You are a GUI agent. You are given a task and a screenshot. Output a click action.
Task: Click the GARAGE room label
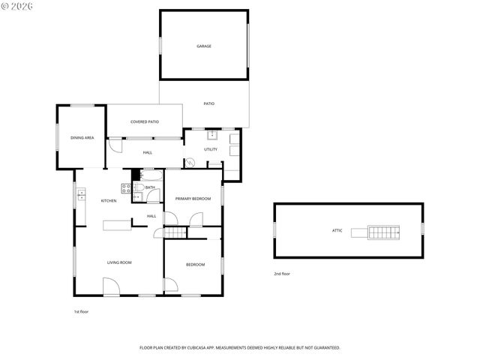click(x=204, y=46)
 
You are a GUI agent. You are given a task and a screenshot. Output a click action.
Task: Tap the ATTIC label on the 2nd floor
click(x=337, y=230)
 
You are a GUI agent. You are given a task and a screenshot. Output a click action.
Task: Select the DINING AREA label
click(x=82, y=138)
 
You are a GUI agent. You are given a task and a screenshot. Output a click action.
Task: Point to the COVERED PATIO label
click(x=145, y=121)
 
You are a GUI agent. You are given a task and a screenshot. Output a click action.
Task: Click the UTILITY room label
click(x=211, y=149)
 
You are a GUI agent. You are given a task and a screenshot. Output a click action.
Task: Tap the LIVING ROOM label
click(x=119, y=262)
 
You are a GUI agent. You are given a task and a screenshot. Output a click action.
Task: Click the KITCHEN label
click(x=109, y=200)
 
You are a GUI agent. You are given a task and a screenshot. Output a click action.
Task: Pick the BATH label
click(x=150, y=187)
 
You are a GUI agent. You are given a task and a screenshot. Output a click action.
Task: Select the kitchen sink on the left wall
click(x=81, y=196)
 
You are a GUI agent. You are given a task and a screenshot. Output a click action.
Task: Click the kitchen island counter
click(x=118, y=224)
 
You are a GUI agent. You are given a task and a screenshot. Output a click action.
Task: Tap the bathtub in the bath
click(x=152, y=175)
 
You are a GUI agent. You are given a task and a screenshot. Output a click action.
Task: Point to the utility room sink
click(x=212, y=135)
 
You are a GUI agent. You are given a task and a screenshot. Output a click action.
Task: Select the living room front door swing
click(x=110, y=286)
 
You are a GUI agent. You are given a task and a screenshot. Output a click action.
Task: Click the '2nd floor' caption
click(x=282, y=274)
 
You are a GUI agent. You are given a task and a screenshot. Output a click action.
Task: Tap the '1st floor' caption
click(x=81, y=311)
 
